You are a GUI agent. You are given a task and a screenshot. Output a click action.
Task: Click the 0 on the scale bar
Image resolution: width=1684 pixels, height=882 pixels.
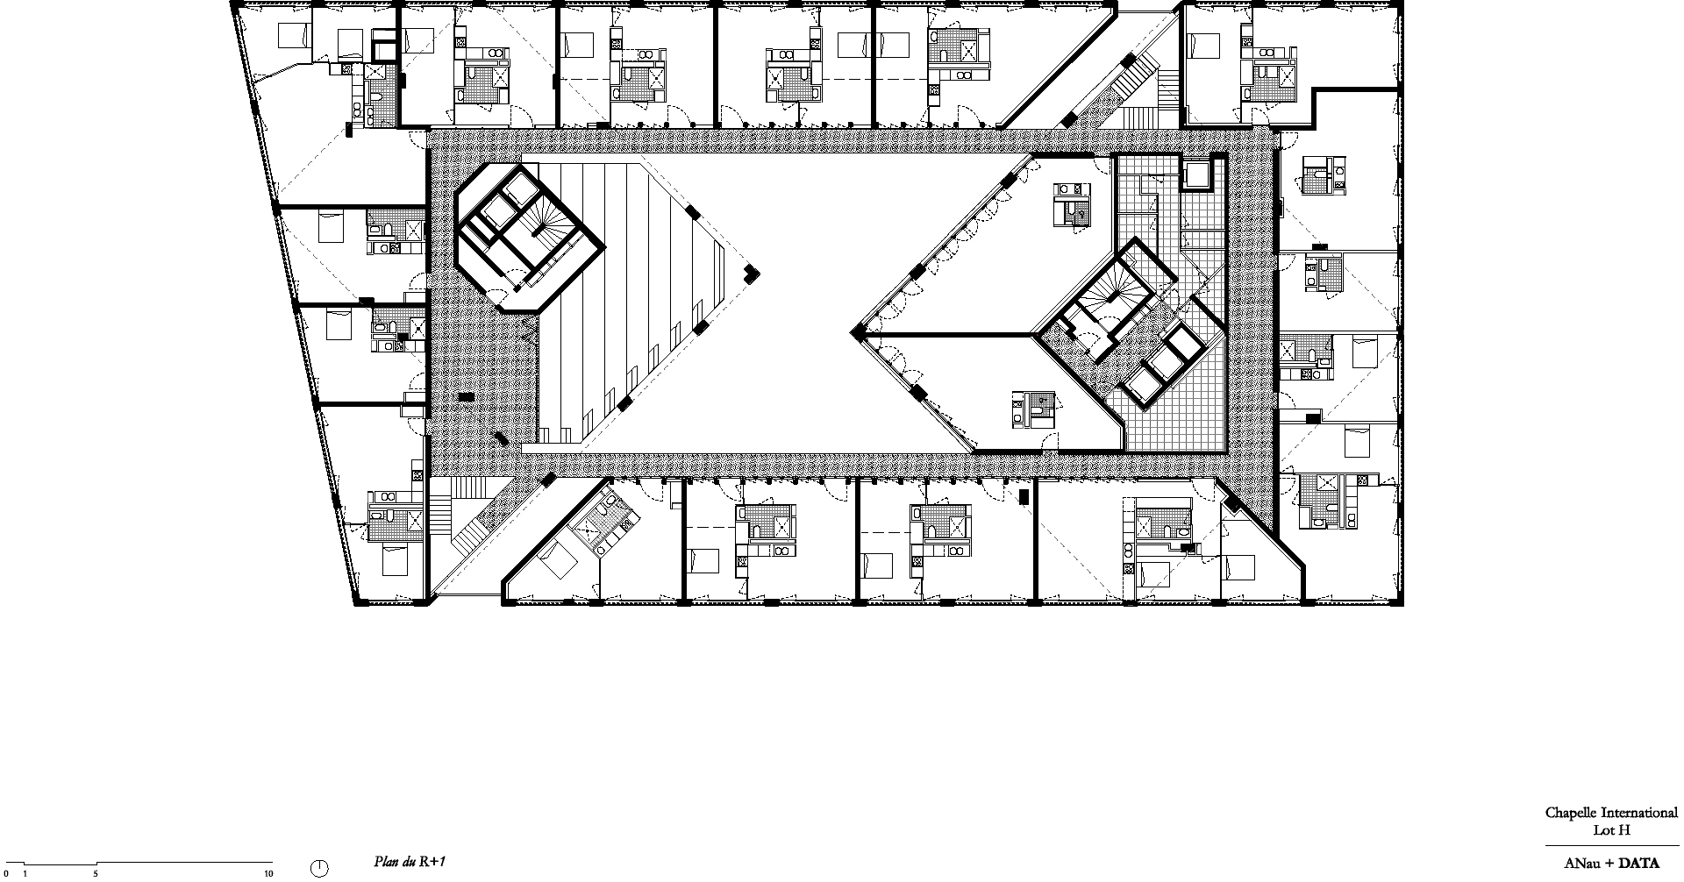6,873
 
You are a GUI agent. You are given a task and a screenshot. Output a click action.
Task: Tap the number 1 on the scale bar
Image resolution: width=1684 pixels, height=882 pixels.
25,873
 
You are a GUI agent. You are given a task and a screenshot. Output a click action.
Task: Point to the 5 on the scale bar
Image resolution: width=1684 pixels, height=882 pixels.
96,873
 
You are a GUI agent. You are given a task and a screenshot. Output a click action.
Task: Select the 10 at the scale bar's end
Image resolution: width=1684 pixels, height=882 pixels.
268,873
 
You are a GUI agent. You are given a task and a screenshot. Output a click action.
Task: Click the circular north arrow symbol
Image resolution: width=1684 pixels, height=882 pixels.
320,869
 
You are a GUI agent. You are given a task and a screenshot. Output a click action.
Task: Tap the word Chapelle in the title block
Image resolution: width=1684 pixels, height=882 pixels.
1571,813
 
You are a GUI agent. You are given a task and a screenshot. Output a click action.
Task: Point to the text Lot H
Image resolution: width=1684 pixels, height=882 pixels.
1611,830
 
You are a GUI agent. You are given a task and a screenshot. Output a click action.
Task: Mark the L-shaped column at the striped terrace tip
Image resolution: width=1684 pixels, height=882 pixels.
752,274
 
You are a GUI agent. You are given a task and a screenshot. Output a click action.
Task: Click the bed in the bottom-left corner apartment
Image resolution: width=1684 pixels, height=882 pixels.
394,560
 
